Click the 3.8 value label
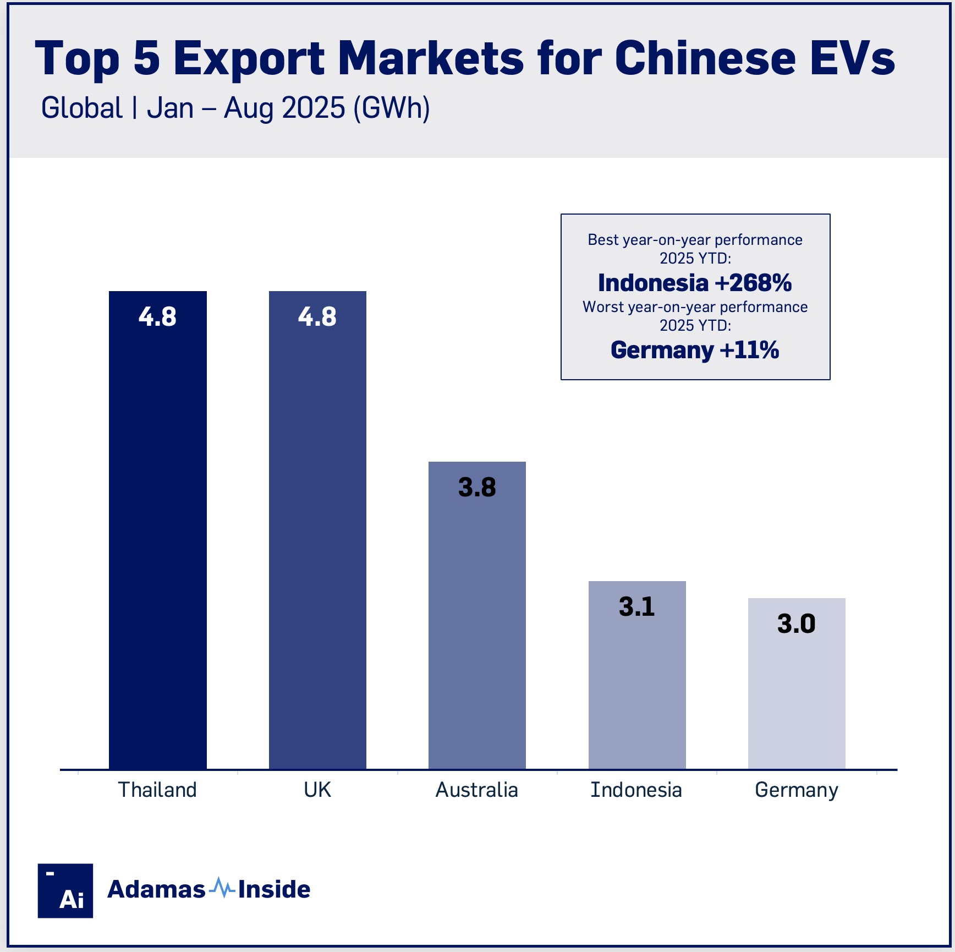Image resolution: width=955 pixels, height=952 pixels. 477,488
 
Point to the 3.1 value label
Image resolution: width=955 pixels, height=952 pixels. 637,606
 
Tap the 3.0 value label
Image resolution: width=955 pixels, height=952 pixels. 796,623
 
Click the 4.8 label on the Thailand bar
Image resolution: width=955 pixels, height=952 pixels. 158,316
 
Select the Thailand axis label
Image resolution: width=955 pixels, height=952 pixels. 158,790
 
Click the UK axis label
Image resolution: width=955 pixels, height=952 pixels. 317,790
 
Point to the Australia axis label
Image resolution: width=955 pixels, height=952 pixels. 477,790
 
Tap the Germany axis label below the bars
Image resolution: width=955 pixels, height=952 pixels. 797,790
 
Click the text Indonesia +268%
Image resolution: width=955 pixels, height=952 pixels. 695,283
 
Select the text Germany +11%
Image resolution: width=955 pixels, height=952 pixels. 695,350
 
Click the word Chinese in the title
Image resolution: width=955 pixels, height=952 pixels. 705,58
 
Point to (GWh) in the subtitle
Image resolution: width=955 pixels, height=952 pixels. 392,108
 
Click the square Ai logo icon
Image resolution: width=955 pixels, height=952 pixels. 65,890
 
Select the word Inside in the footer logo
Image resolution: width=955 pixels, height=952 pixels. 274,889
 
